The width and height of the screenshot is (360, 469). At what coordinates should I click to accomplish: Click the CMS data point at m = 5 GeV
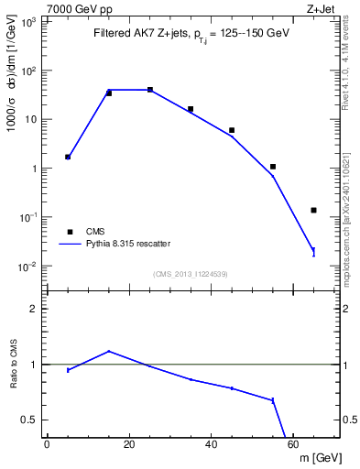click(x=68, y=157)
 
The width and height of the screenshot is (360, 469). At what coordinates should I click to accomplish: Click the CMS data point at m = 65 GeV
click(x=313, y=210)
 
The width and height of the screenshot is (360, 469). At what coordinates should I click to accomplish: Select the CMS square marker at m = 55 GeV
click(x=273, y=167)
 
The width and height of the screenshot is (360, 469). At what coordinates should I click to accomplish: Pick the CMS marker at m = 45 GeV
click(x=232, y=130)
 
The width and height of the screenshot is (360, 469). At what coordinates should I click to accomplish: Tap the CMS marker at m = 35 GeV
click(x=191, y=109)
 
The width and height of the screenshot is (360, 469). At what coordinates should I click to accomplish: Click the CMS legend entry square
click(x=68, y=232)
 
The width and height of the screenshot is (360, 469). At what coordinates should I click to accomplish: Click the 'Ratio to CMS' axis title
click(x=16, y=365)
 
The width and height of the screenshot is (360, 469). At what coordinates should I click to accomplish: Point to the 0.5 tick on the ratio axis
click(x=33, y=420)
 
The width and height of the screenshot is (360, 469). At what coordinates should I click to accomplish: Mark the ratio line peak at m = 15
click(x=109, y=351)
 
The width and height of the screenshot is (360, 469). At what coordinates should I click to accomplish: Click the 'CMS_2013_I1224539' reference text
click(x=190, y=274)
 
